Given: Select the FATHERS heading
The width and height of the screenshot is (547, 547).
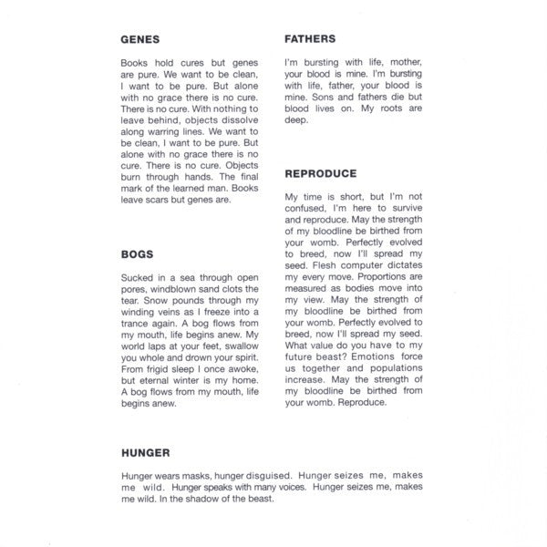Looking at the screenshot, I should coord(310,39).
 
